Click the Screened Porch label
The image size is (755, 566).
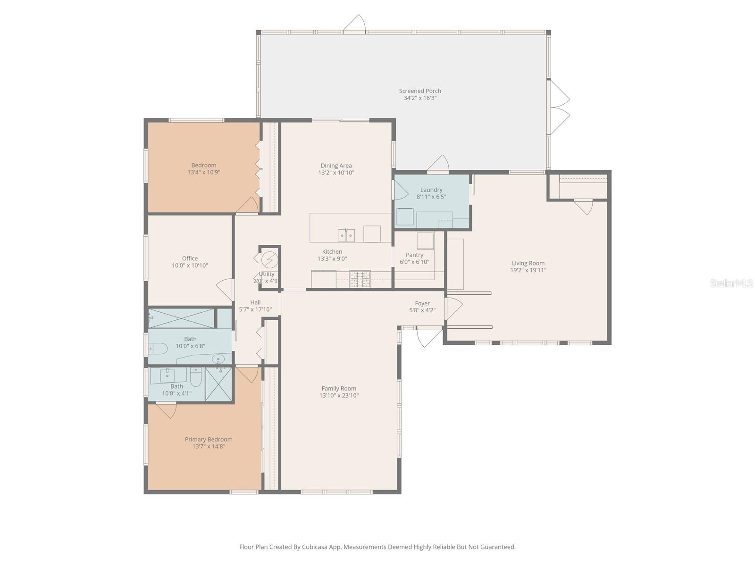(x=419, y=91)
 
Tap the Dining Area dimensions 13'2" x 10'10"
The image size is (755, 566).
(x=336, y=173)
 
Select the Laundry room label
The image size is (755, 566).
(x=431, y=190)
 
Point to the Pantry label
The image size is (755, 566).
(x=414, y=255)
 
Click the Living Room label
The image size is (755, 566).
(x=528, y=263)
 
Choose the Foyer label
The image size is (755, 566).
(x=422, y=303)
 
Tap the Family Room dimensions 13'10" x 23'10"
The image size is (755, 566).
(x=339, y=396)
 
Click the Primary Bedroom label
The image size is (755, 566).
(x=209, y=439)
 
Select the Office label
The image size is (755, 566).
(x=190, y=258)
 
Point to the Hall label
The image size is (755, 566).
(x=255, y=302)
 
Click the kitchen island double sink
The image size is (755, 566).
(x=346, y=235)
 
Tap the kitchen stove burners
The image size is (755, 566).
(x=360, y=279)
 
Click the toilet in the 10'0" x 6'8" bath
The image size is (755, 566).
(x=158, y=349)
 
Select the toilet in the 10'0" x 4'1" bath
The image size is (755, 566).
(x=196, y=377)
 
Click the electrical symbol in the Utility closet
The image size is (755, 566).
(x=269, y=260)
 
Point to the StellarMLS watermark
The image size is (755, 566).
(x=731, y=283)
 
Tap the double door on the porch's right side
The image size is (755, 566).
(x=559, y=107)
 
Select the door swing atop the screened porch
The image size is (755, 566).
(x=355, y=24)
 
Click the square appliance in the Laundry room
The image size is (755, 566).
(x=405, y=217)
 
